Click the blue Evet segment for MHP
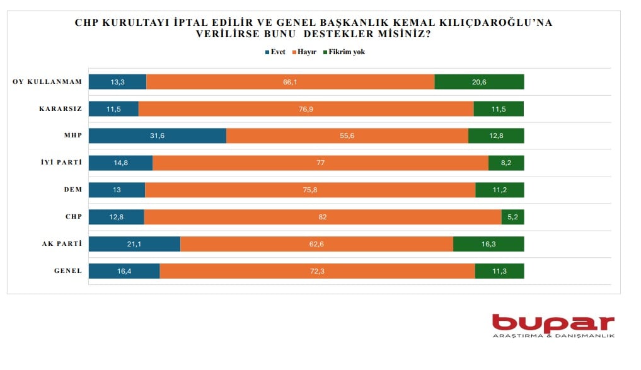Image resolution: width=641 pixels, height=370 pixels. pos(157,136)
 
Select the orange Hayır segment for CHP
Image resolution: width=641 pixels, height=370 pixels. pos(323,217)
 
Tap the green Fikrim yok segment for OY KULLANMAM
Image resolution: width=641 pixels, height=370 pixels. pos(479,82)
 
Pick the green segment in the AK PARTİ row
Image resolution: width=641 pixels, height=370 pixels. pos(488,244)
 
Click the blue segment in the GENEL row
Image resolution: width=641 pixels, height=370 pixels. pos(124,271)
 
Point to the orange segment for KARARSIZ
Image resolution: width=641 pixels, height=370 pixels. pos(306,109)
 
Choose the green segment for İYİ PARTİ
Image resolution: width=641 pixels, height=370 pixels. pos(506,163)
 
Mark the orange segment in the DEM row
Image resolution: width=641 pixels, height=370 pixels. pos(310,190)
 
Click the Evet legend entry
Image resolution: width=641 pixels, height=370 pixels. pos(276,52)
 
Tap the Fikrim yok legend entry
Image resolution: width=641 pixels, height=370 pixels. pos(344,52)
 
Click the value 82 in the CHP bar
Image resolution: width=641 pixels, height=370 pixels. pos(323,217)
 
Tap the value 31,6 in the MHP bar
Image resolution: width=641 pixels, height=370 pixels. pos(156,136)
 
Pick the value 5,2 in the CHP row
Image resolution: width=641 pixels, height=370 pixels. pos(513,217)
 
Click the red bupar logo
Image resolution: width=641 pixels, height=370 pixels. pos(553,323)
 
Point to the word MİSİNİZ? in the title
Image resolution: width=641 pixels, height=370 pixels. pos(405,35)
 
